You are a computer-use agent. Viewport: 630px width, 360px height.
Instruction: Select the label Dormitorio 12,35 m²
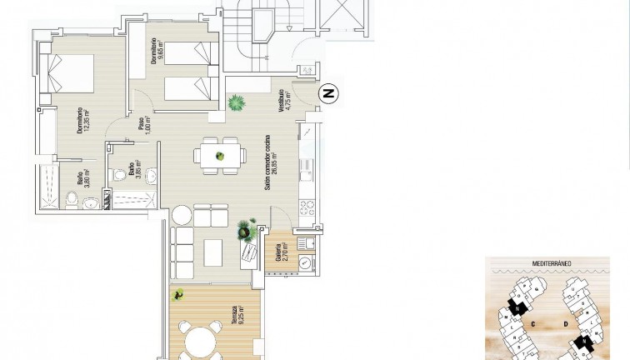tap(81, 120)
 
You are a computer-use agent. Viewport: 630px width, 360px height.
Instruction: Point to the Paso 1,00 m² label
tap(143, 126)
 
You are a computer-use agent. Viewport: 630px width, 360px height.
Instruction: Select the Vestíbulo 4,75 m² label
tap(282, 106)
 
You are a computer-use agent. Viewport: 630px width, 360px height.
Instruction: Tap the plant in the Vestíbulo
tap(237, 103)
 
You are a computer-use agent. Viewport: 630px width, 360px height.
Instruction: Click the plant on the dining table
tap(221, 155)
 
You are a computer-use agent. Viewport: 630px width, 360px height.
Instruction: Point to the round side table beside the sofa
tap(182, 216)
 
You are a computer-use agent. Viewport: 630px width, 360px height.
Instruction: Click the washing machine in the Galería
tap(306, 263)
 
